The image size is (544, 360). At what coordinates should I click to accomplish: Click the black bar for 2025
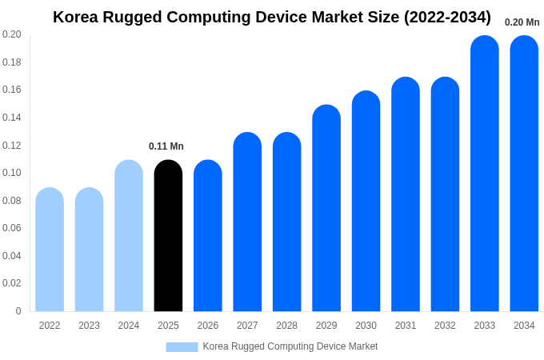(x=168, y=236)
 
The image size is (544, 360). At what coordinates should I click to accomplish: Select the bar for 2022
(x=50, y=250)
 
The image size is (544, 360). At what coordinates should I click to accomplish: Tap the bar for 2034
(x=524, y=174)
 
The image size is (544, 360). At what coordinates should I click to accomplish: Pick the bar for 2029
(x=326, y=208)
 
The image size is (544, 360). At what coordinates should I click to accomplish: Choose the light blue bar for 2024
(x=129, y=236)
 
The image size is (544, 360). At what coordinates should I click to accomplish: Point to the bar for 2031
(x=406, y=194)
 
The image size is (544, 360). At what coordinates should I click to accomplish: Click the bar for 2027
(x=247, y=222)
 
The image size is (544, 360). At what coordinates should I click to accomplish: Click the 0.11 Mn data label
(x=166, y=146)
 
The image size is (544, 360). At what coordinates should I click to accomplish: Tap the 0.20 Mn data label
(x=522, y=22)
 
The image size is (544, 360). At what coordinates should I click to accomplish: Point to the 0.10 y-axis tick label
(x=12, y=173)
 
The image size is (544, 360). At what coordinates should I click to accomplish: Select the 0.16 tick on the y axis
(x=12, y=90)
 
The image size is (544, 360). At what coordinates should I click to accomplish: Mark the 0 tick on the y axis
(x=18, y=311)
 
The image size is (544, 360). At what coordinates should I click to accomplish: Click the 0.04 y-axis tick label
(x=12, y=256)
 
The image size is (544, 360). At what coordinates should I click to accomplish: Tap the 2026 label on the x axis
(x=208, y=326)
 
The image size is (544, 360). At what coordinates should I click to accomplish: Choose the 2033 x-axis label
(x=485, y=326)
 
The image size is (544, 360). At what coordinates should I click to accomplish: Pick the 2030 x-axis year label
(x=366, y=326)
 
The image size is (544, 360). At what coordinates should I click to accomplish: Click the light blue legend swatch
(x=182, y=346)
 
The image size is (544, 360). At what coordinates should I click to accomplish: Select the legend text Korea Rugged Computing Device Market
(x=290, y=346)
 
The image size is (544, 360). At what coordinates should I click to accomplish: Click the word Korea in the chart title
(x=77, y=17)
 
